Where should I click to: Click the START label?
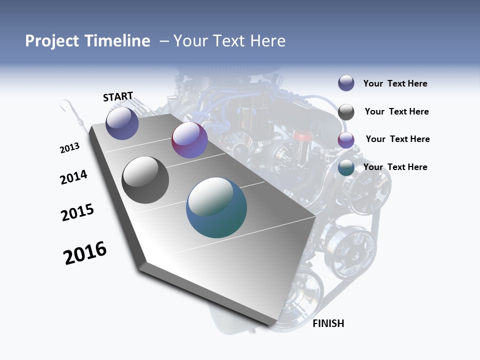[x=118, y=96]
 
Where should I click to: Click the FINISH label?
[x=328, y=323]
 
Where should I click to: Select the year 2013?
[x=70, y=148]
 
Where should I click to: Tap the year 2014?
[x=74, y=177]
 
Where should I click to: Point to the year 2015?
[x=77, y=212]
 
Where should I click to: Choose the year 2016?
[x=85, y=253]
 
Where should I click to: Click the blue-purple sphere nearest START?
[x=122, y=123]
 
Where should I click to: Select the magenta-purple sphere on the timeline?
[x=189, y=140]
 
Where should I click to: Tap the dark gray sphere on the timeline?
[x=145, y=180]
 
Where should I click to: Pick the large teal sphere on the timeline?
[x=216, y=207]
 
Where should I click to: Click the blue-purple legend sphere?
[x=346, y=83]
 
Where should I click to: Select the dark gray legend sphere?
[x=346, y=112]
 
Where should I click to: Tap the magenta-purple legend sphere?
[x=346, y=140]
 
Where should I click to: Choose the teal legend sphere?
[x=346, y=168]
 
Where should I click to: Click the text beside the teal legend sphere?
[x=395, y=167]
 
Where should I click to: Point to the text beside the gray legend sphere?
[x=396, y=111]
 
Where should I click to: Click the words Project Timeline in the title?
[x=87, y=41]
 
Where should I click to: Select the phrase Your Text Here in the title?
[x=229, y=41]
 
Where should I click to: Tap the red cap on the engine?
[x=302, y=135]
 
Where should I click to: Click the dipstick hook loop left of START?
[x=64, y=105]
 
